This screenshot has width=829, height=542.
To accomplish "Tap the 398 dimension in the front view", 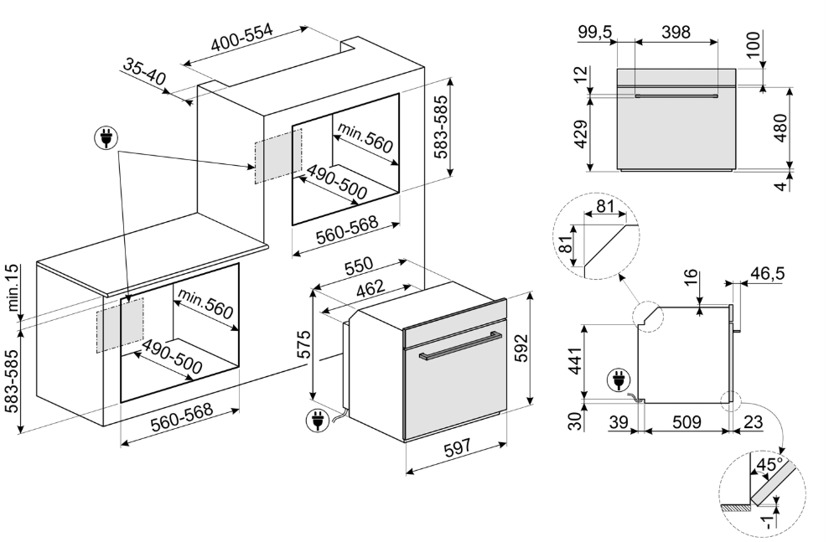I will click(x=675, y=33).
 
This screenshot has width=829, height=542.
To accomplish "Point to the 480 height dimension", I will click(x=782, y=127).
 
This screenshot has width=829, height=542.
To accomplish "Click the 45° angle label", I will click(x=769, y=462).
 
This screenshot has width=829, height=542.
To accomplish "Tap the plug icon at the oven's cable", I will click(x=318, y=421).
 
